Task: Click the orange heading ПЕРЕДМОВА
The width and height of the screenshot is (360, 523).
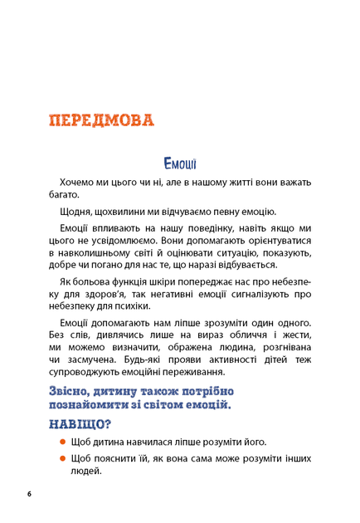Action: (x=102, y=120)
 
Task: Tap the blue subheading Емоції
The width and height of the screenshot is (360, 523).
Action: (x=180, y=163)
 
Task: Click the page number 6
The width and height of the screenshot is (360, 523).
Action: (x=29, y=495)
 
